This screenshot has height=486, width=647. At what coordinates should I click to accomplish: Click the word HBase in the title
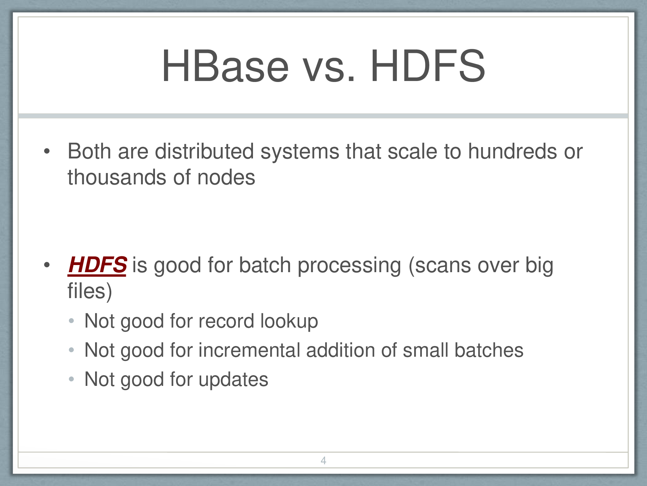tap(225, 66)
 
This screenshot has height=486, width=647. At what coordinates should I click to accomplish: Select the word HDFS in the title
tap(428, 66)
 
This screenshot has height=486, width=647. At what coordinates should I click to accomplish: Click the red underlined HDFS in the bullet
tap(97, 265)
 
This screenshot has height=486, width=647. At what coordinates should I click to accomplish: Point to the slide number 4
tap(323, 460)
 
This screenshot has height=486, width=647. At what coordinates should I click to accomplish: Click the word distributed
tap(204, 151)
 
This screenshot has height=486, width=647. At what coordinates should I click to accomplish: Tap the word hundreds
tap(513, 151)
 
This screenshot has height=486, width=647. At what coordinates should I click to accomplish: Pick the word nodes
tap(226, 178)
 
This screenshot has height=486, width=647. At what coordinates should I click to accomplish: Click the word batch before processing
tap(265, 265)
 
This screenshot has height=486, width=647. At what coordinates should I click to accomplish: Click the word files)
tap(90, 291)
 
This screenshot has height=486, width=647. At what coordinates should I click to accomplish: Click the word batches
tap(489, 350)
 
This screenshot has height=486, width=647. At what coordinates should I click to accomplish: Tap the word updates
tap(234, 380)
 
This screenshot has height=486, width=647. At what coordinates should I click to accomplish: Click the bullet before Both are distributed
tap(47, 151)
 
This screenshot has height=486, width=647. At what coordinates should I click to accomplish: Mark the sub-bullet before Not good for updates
tap(71, 379)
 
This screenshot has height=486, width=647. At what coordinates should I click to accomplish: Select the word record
tap(226, 321)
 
